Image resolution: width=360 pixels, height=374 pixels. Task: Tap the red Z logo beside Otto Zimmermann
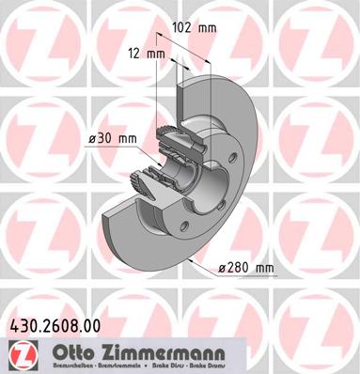click(18, 353)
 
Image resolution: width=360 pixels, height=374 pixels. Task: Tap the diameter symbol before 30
click(92, 139)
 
